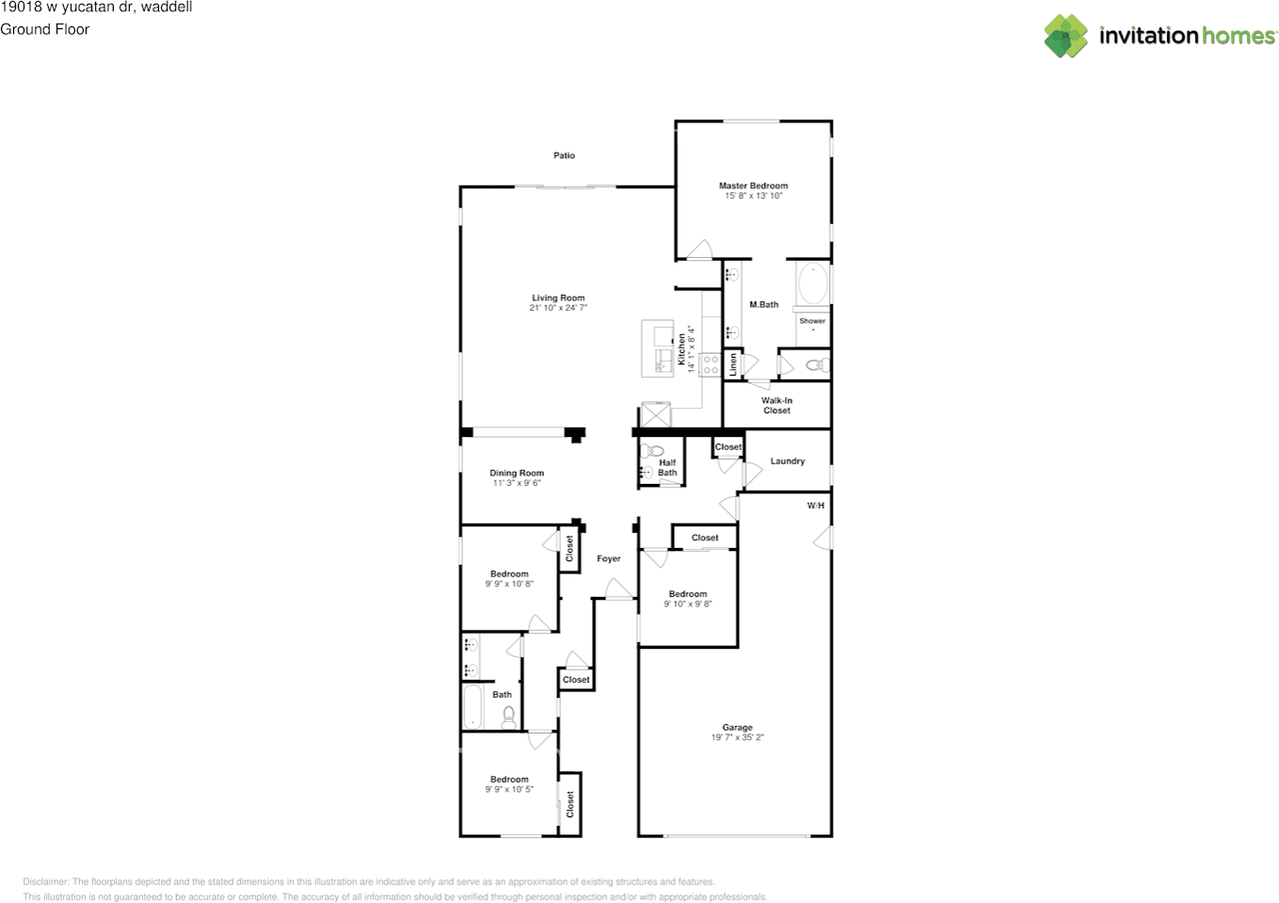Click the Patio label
tap(564, 155)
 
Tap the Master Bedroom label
tap(753, 186)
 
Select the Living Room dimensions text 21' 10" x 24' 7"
tap(558, 307)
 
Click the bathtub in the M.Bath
tap(813, 283)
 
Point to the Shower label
tap(812, 321)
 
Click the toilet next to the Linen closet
tap(817, 364)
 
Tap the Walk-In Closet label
tap(776, 405)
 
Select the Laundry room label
tap(787, 461)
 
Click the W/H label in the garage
tap(815, 505)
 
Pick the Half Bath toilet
tap(650, 450)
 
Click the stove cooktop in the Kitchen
tap(710, 365)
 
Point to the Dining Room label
tap(517, 473)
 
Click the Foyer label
tap(609, 558)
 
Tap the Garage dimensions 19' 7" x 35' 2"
tap(737, 737)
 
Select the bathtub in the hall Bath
tap(473, 707)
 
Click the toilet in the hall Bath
tap(509, 717)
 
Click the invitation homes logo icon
tap(1065, 36)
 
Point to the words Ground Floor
tap(45, 29)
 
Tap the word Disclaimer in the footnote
tap(46, 882)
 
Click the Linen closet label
tap(733, 364)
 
